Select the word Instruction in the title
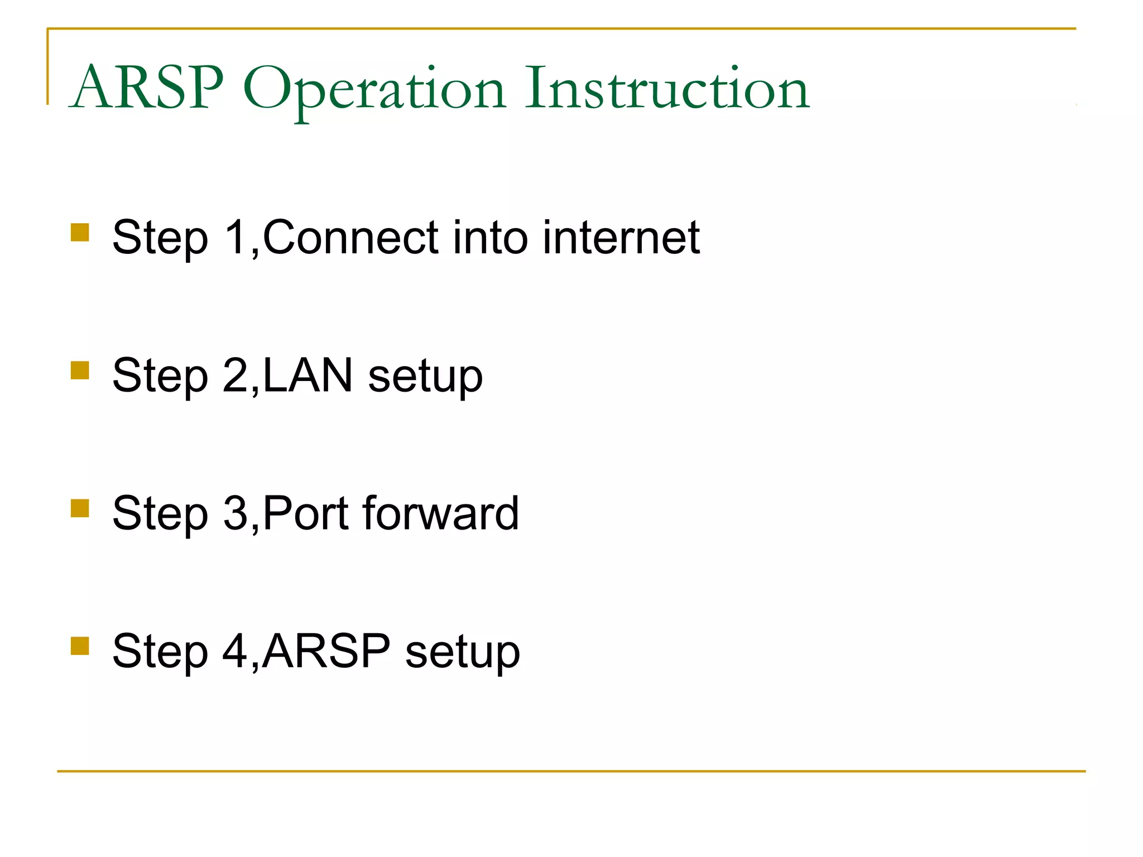coord(667,88)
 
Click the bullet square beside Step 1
coord(80,232)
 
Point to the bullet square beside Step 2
coord(80,370)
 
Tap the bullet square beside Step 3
coord(80,508)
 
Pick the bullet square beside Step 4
coord(80,646)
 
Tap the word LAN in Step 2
coord(308,375)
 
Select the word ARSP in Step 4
coord(326,651)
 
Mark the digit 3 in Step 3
coord(235,513)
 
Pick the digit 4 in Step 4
coord(235,651)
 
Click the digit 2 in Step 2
coord(235,375)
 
